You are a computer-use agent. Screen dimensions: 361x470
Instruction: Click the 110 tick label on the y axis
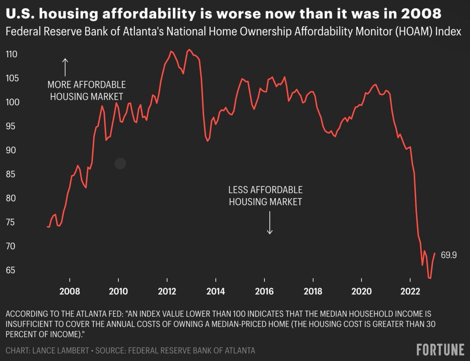point(12,54)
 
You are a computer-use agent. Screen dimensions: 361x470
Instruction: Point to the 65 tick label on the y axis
point(12,270)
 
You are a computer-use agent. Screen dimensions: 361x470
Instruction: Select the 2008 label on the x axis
point(70,291)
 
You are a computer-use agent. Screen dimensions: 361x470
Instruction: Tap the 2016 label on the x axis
point(264,291)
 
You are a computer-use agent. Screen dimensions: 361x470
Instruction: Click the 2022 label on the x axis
point(410,291)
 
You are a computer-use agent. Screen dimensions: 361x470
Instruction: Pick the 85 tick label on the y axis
point(12,174)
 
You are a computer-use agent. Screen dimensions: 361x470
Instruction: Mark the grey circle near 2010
point(120,163)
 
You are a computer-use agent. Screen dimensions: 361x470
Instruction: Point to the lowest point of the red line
point(430,278)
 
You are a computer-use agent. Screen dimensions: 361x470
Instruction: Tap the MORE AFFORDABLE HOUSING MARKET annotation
point(87,90)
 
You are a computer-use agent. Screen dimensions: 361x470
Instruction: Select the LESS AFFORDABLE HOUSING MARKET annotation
point(266,196)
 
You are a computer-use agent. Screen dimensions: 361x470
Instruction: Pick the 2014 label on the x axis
point(215,291)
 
